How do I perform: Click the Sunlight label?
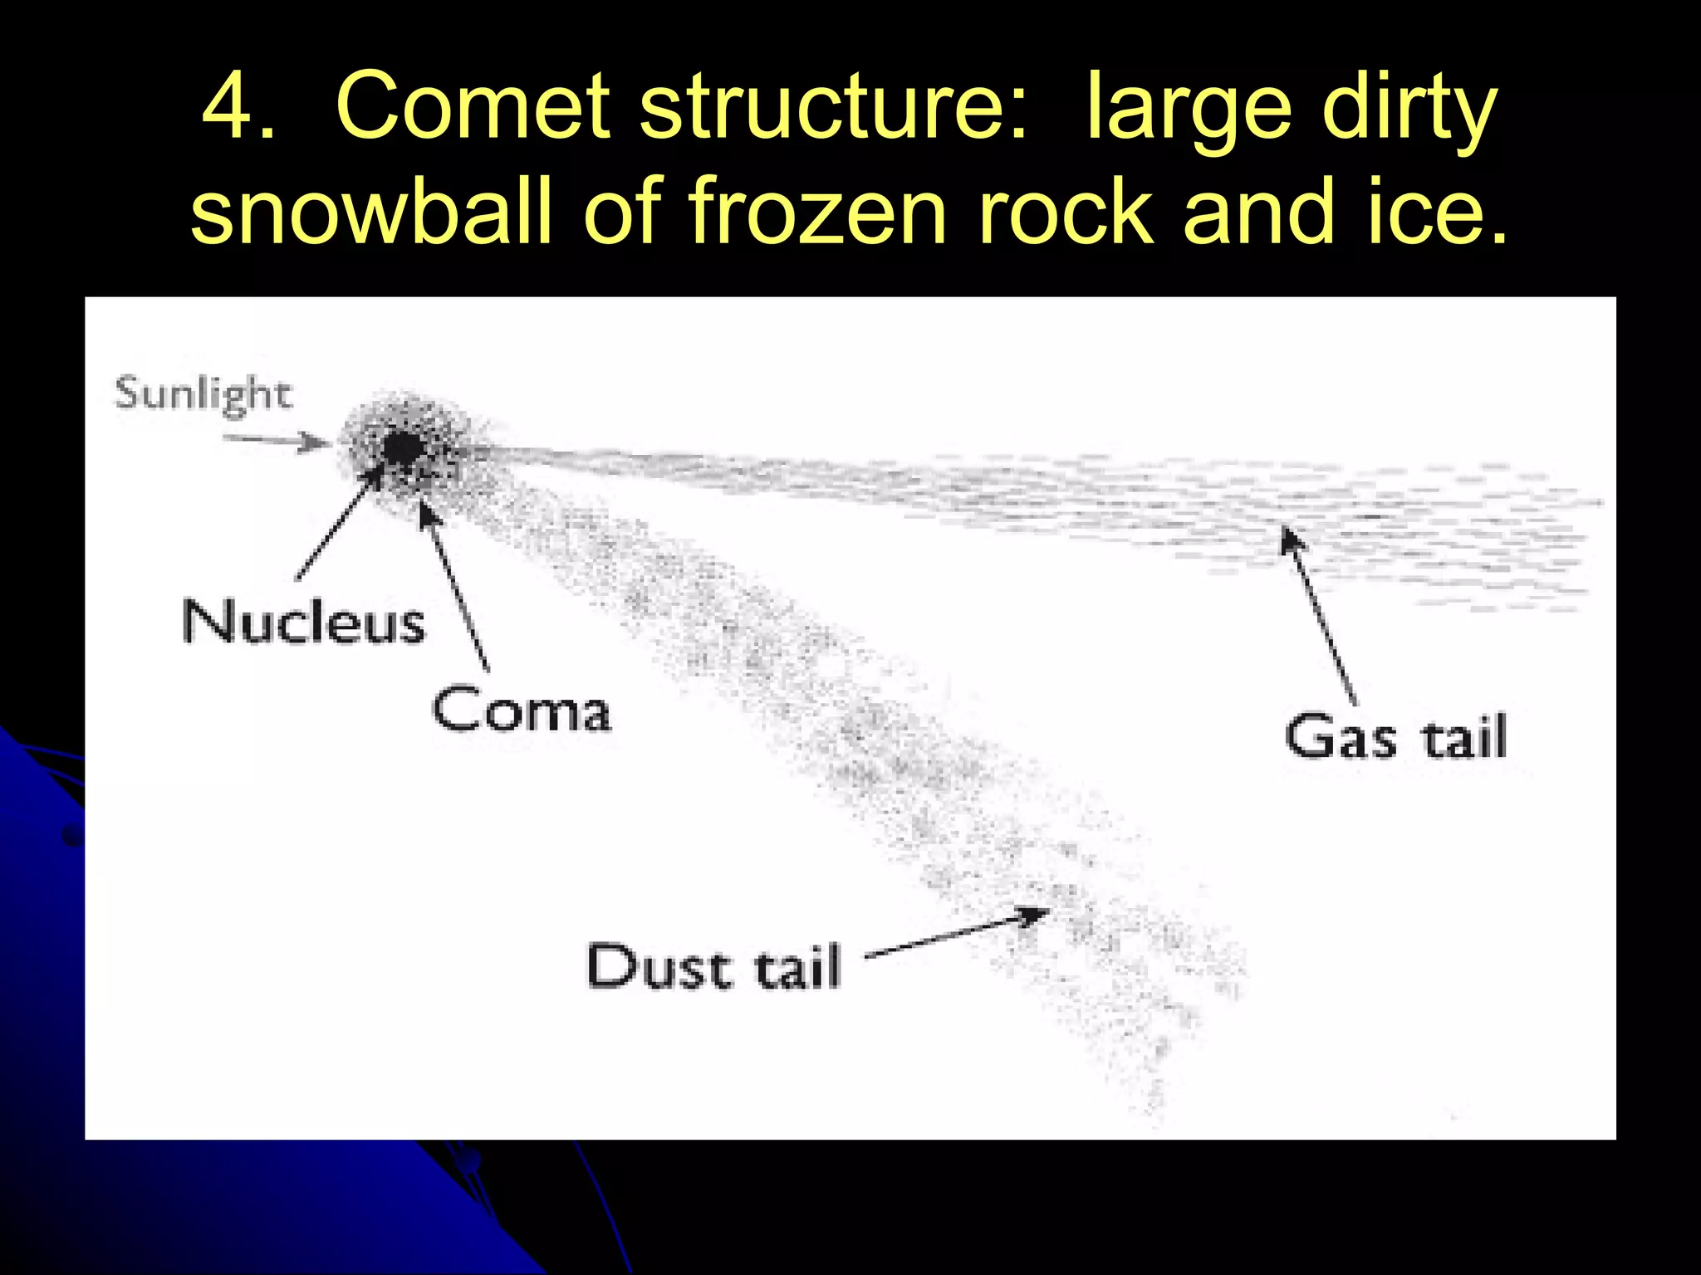(x=203, y=393)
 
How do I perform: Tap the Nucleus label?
(x=304, y=622)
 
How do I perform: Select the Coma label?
(x=522, y=711)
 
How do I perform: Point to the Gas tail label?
(x=1395, y=736)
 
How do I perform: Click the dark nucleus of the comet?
(x=404, y=448)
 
